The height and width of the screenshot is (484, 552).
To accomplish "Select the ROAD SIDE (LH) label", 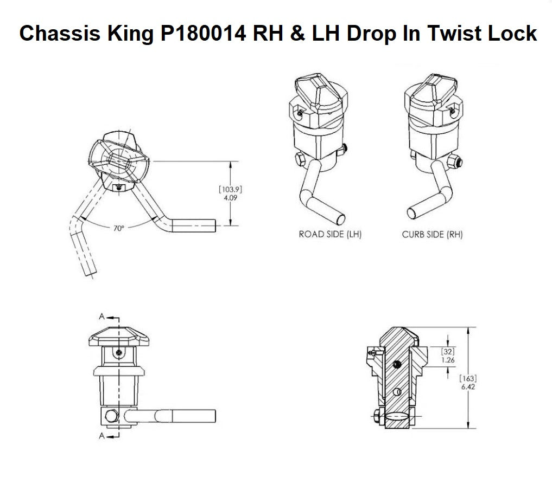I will [330, 235].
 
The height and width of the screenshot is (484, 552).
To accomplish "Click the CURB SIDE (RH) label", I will [433, 235].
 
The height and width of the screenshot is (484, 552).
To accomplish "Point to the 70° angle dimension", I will [119, 229].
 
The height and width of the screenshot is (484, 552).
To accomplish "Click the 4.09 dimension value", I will [230, 198].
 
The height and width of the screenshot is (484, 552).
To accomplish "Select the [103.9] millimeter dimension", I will [230, 190].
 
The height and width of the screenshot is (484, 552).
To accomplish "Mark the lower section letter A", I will [101, 435].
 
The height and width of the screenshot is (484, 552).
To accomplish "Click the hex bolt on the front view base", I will [111, 416].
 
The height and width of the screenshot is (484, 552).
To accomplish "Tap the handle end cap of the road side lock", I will [340, 218].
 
